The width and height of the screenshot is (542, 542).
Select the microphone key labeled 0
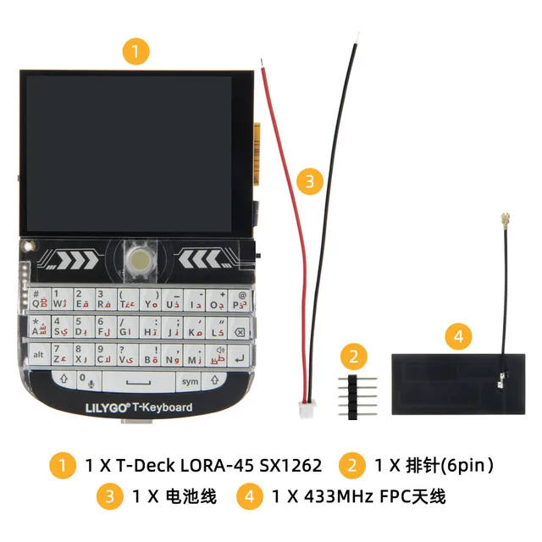pos(87,382)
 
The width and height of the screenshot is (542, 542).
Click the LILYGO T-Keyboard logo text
pos(137,407)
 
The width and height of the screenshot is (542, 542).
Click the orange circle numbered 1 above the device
pos(136,50)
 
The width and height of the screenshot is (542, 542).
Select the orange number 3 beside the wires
pos(310,180)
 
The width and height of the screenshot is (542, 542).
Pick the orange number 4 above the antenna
pos(458,336)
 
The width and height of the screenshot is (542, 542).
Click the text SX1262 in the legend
pos(286,465)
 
